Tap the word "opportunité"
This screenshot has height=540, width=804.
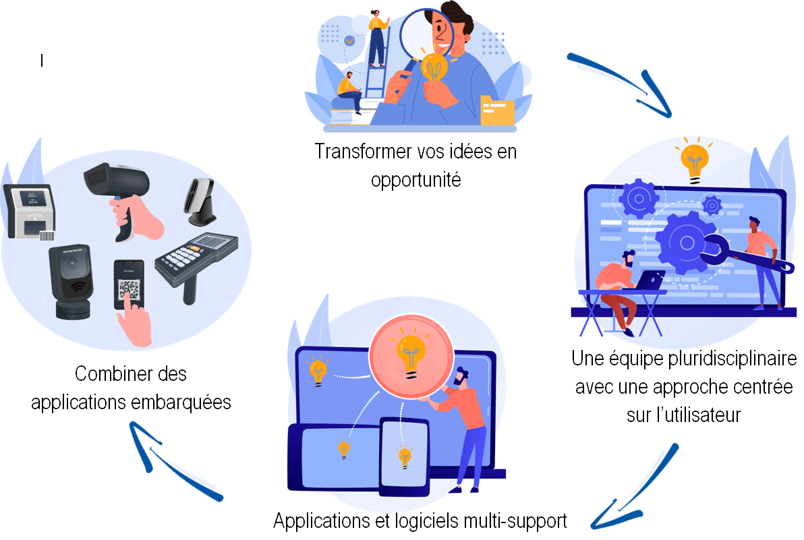tap(416, 180)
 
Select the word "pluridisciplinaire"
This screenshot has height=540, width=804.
tap(733, 359)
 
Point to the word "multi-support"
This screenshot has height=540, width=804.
tap(515, 520)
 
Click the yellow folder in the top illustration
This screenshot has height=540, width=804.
tap(497, 110)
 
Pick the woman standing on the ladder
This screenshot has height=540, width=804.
tap(378, 38)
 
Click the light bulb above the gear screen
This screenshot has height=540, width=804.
tap(694, 161)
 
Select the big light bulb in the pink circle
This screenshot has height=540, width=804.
tap(411, 356)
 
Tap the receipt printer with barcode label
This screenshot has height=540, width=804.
tap(30, 212)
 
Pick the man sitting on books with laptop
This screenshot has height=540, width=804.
tap(350, 92)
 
